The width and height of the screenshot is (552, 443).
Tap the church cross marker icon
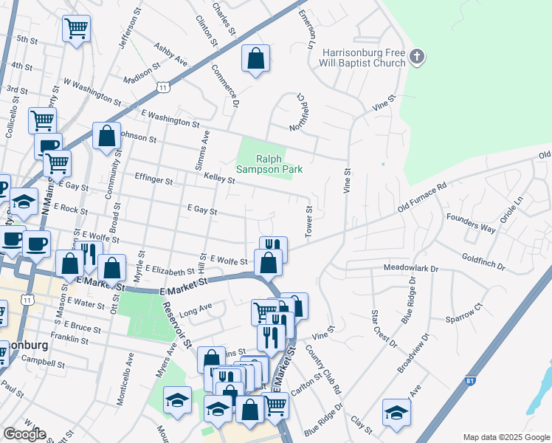[x=417, y=57]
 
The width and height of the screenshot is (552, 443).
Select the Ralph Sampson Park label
[x=269, y=163]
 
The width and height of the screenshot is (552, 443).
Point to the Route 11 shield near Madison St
[x=162, y=87]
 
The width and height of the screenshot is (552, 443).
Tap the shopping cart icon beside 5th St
[x=76, y=29]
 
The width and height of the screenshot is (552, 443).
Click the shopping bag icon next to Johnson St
[x=107, y=137]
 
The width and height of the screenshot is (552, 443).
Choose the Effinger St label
[x=153, y=179]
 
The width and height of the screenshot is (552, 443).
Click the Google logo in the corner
[x=24, y=434]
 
